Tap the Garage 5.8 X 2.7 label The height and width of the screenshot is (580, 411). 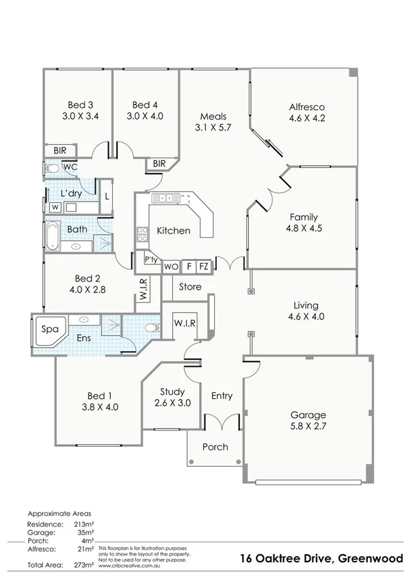tap(308, 421)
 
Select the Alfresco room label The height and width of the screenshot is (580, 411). tap(306, 113)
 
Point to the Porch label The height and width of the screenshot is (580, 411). tap(215, 447)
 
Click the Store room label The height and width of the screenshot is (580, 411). tap(190, 287)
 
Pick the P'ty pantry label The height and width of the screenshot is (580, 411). tap(151, 260)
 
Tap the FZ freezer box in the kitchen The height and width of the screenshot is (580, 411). tap(204, 266)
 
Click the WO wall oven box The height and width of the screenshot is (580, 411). tap(171, 266)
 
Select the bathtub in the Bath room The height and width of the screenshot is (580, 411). tap(53, 234)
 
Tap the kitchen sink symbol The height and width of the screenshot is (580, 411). tap(165, 199)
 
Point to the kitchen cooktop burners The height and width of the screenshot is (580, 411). tap(142, 234)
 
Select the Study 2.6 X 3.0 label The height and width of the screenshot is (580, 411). tap(172, 397)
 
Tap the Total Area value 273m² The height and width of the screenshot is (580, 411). tap(85, 566)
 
